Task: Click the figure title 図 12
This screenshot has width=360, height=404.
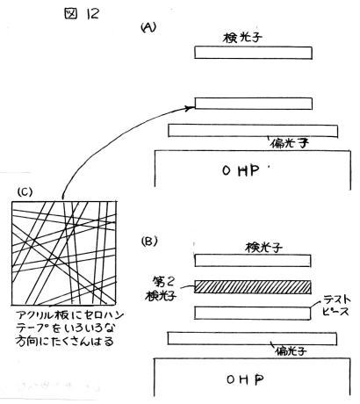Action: tap(82, 13)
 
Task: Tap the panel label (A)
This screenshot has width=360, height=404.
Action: tap(148, 27)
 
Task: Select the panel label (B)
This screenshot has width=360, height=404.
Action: tap(149, 242)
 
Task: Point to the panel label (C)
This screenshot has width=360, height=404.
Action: tap(25, 191)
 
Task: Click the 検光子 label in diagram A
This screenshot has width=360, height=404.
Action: tap(242, 38)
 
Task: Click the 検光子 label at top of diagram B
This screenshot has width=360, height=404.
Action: tap(263, 248)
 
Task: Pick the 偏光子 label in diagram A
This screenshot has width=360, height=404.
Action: tap(290, 143)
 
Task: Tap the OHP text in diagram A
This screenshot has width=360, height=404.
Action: tap(241, 170)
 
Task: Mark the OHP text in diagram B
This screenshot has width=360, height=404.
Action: tap(245, 379)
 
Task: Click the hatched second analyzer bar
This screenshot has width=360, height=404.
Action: tap(253, 287)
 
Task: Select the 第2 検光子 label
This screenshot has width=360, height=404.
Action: tap(162, 289)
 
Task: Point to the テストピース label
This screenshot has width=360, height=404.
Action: tap(336, 306)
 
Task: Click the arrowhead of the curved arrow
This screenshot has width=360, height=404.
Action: tap(191, 108)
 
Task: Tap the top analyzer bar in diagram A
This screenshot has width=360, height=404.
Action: tap(254, 53)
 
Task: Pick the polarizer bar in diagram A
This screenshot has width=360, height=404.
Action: tap(253, 131)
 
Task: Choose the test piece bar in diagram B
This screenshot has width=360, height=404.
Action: tap(253, 313)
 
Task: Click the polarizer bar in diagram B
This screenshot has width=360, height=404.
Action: tap(252, 338)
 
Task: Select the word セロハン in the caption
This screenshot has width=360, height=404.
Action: tap(104, 316)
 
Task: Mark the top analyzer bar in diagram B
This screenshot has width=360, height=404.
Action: tap(253, 261)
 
